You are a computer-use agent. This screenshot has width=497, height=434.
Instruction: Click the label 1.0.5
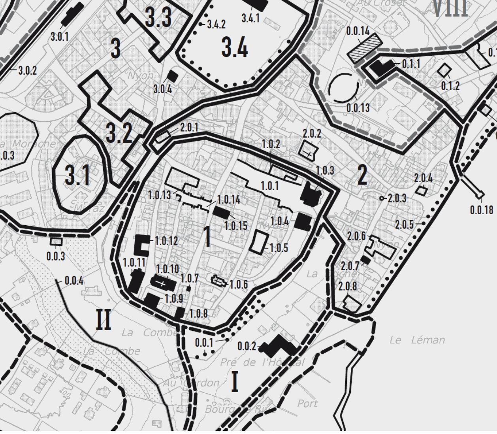[x=279, y=248]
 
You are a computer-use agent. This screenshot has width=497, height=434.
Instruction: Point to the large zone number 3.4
[x=235, y=48]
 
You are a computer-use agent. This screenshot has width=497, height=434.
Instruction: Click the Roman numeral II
[x=103, y=319]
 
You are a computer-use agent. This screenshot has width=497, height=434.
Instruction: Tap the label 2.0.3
[x=397, y=198]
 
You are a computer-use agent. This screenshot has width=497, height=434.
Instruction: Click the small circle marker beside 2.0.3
[x=382, y=198]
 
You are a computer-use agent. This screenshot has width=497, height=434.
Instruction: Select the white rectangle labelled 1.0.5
[x=260, y=241]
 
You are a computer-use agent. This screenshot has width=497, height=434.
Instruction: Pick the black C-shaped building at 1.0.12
[x=141, y=245]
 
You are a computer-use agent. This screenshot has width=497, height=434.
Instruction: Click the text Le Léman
[x=417, y=340]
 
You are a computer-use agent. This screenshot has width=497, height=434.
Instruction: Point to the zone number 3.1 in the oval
[x=77, y=175]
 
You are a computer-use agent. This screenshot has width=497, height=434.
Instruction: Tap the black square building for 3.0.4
[x=172, y=76]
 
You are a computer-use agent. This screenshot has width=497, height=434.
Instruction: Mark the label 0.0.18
[x=482, y=210]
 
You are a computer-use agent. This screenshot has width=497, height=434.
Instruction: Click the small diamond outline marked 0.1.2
[x=444, y=70]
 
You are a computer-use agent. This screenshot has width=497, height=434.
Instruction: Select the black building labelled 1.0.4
[x=304, y=222]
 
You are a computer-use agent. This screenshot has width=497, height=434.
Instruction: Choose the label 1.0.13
[x=160, y=195]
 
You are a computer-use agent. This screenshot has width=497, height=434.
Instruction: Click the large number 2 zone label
[x=362, y=175]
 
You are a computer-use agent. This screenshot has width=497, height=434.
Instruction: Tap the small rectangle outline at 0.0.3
[x=56, y=241]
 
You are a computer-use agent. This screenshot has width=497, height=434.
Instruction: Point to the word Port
[x=307, y=404]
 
